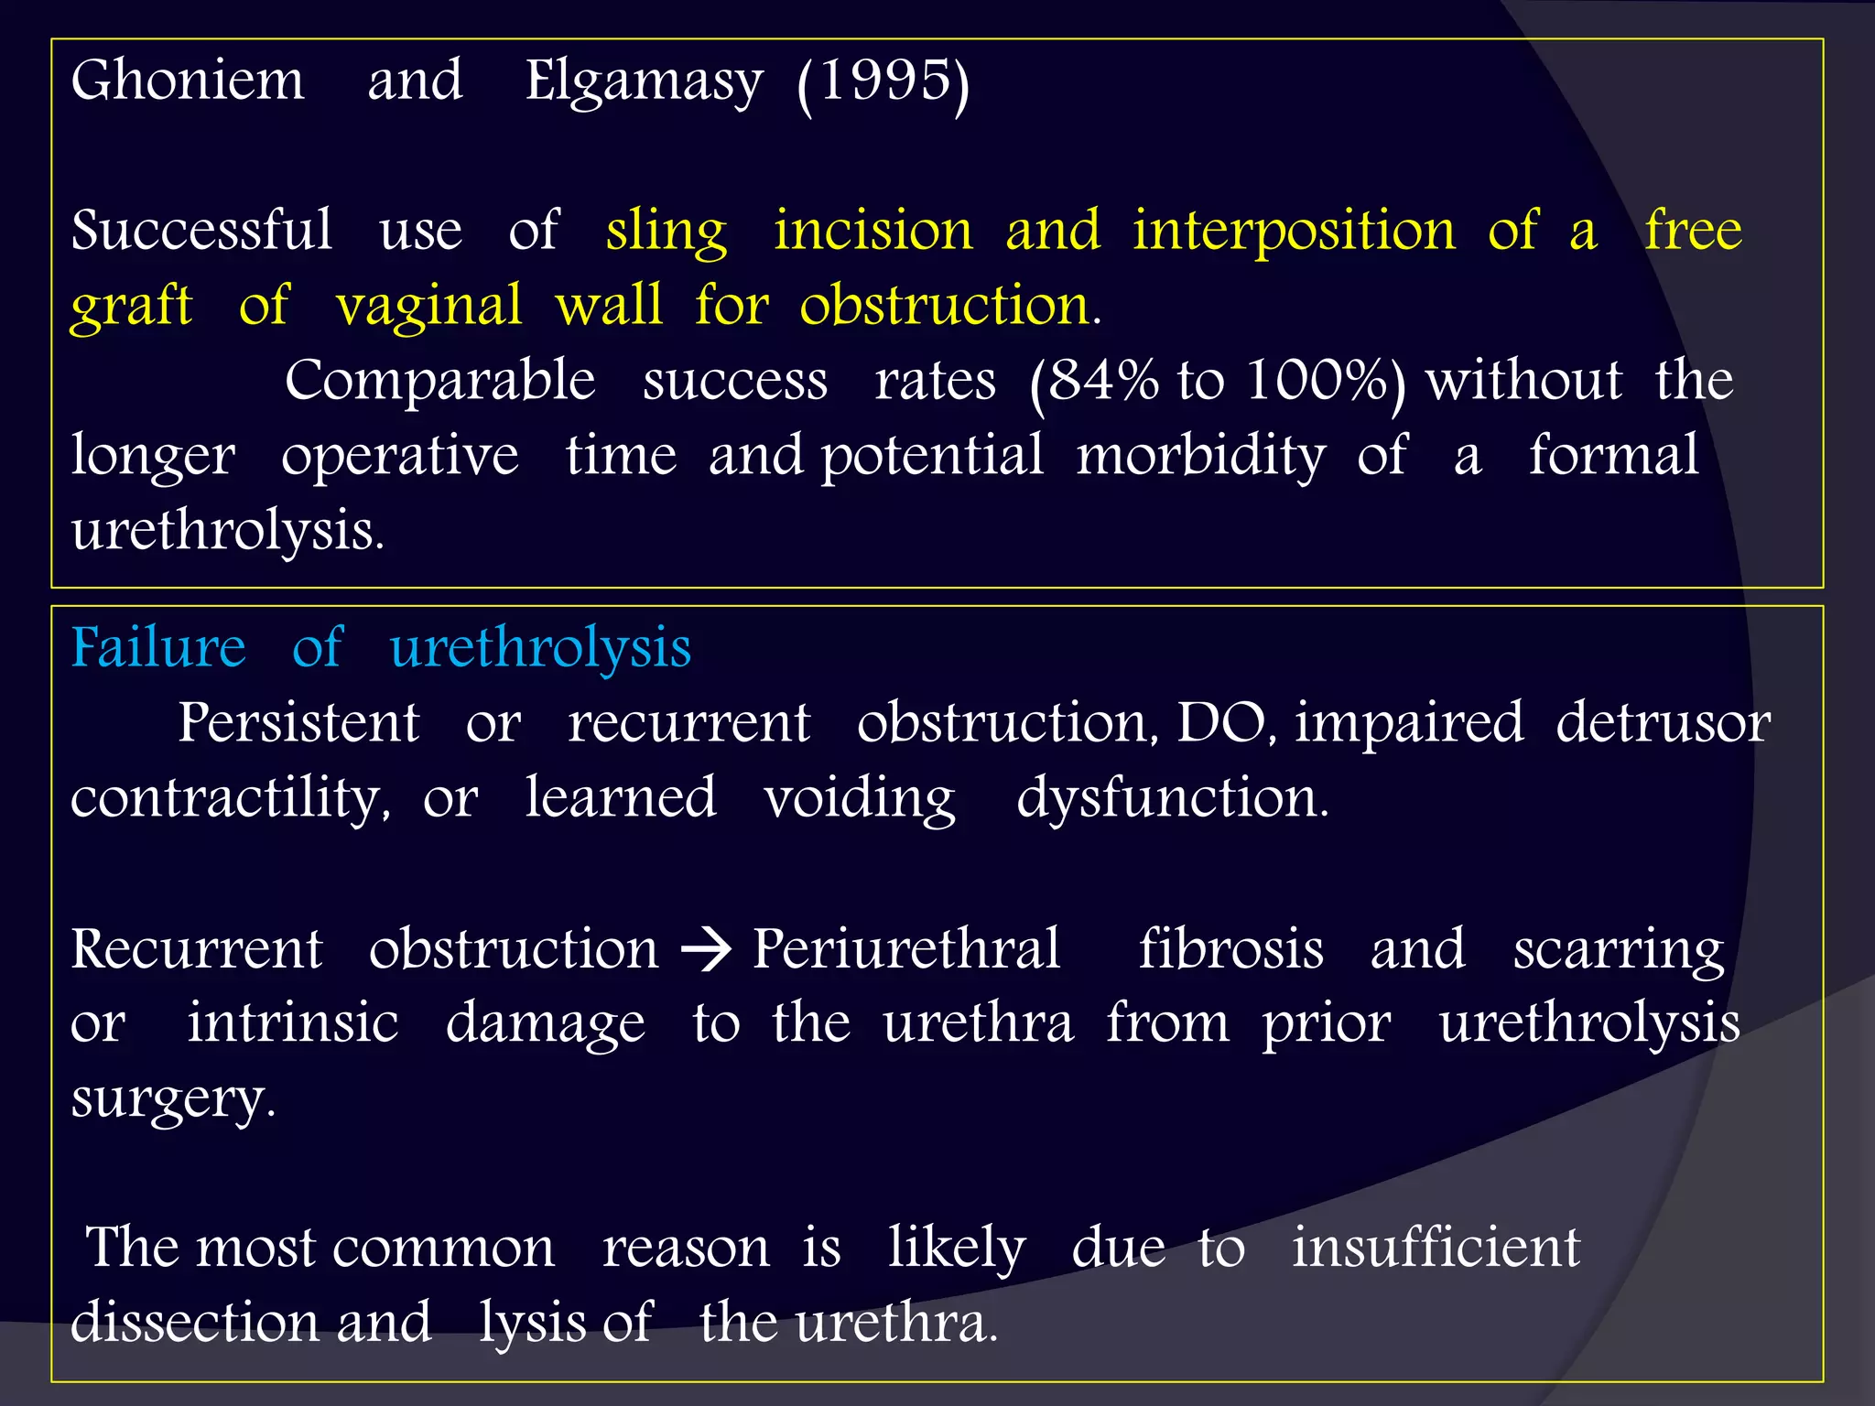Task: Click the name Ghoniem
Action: tap(188, 81)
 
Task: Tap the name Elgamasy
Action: tap(643, 82)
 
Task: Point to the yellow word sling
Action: tap(666, 231)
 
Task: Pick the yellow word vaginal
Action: tap(428, 306)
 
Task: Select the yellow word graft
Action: tap(132, 306)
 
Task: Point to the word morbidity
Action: tap(1200, 456)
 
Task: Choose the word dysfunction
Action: tap(1172, 798)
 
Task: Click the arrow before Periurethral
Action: tap(706, 950)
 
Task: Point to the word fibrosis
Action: tap(1230, 948)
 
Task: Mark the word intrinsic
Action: tap(293, 1022)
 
